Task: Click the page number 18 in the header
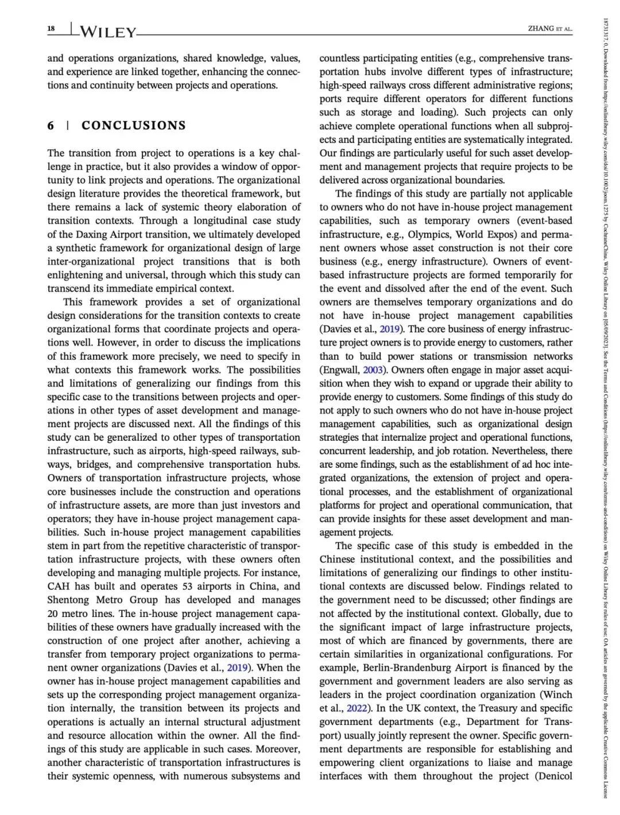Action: [51, 29]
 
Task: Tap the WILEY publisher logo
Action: [106, 32]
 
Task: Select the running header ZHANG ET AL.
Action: [550, 29]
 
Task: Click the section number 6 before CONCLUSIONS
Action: [51, 125]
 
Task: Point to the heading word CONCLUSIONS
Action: [134, 125]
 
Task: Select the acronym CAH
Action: [59, 586]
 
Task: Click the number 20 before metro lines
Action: [53, 614]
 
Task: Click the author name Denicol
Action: [555, 776]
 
